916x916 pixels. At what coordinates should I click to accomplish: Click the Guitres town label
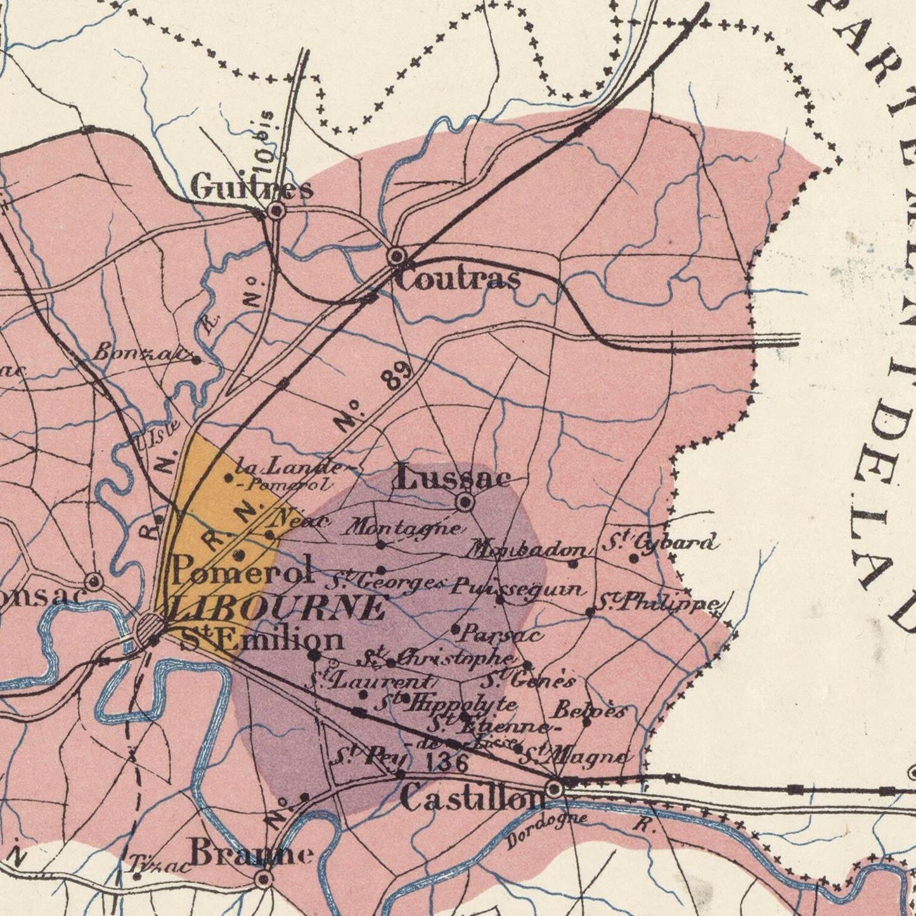coord(252,188)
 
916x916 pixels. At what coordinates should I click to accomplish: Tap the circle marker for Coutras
coord(397,255)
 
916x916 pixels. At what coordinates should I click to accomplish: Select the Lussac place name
coord(453,477)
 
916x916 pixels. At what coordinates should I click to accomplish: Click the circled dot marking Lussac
coord(466,503)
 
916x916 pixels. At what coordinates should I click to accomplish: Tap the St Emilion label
coord(262,639)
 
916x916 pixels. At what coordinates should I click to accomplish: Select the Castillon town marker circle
coord(555,789)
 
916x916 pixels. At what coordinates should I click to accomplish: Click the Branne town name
coord(252,853)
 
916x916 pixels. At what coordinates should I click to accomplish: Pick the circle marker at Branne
coord(264,879)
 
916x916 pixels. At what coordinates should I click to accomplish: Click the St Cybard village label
coord(661,543)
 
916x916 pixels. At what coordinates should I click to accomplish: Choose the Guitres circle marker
coord(276,210)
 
